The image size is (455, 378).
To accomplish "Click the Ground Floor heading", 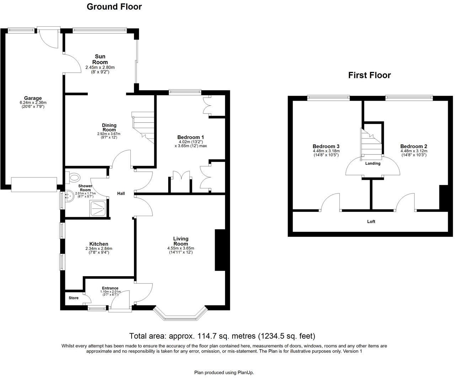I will coord(114,7).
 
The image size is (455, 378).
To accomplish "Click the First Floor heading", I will coord(369,75).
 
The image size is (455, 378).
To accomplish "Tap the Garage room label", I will coord(33,98).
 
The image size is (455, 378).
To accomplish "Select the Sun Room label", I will coord(100,59).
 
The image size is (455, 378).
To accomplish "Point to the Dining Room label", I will coord(109,127).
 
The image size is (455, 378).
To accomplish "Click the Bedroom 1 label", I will coord(191,137).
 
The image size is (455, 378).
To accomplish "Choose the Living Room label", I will coord(181,241).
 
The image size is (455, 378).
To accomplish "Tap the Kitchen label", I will coord(99,244).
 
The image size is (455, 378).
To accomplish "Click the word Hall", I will coord(121,193).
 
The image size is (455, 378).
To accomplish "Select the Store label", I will coord(74,298).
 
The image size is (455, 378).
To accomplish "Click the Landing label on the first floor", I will coord(373,164).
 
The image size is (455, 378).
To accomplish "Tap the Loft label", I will coord(371,221).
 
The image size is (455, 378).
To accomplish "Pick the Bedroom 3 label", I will coord(326,146).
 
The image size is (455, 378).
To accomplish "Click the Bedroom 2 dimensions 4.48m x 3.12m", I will coord(413,150).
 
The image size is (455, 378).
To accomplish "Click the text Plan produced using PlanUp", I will coord(224,372).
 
